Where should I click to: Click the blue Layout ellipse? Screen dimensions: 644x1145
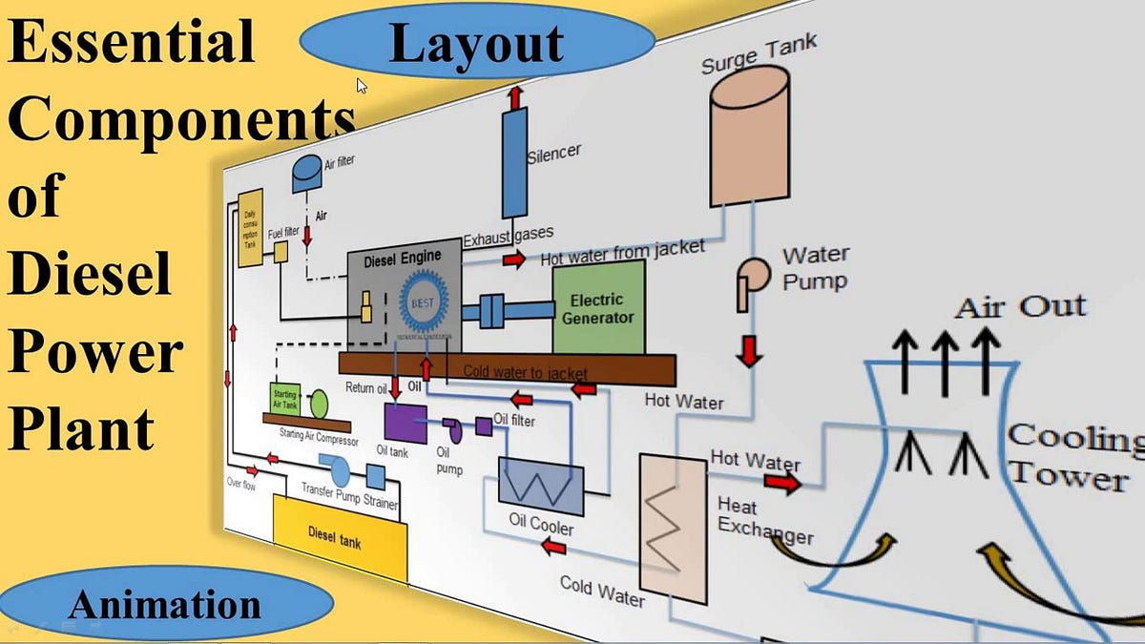[x=477, y=44]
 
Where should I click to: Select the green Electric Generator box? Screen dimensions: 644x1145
[x=598, y=307]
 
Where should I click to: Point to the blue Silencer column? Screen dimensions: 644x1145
[x=515, y=162]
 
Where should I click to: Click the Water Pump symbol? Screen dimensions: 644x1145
[x=751, y=282]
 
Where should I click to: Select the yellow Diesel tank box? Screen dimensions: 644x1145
[x=339, y=538]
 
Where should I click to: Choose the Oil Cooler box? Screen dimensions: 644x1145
[x=541, y=487]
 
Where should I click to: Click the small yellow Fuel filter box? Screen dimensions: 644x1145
[x=281, y=251]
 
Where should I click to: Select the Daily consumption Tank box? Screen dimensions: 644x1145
[x=250, y=227]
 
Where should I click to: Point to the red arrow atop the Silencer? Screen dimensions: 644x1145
[x=515, y=96]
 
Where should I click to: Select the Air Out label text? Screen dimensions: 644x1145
[x=1020, y=307]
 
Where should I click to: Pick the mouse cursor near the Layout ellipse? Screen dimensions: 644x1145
[x=363, y=86]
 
